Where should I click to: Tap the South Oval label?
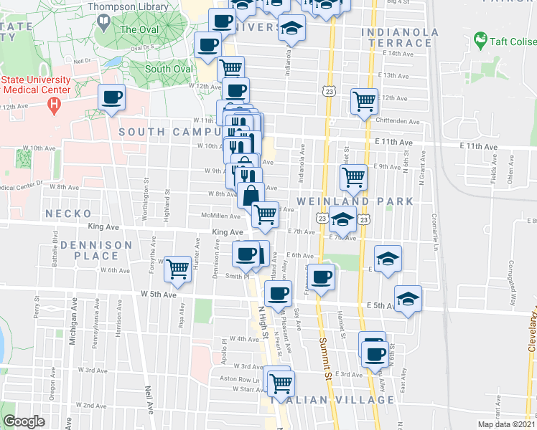(169, 70)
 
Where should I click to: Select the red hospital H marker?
(52, 105)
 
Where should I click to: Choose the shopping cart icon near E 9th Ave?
(352, 176)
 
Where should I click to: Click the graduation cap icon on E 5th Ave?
(408, 298)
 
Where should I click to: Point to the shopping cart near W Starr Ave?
(279, 380)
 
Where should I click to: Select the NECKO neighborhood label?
(68, 214)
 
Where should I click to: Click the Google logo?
(24, 421)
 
